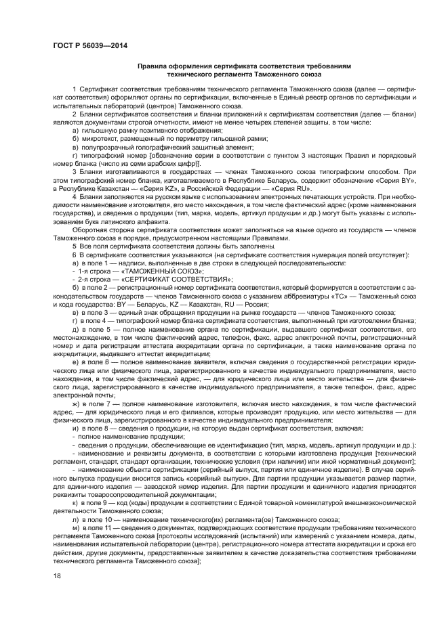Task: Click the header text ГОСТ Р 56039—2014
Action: tap(90, 45)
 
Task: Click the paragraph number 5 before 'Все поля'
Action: tap(74, 246)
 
